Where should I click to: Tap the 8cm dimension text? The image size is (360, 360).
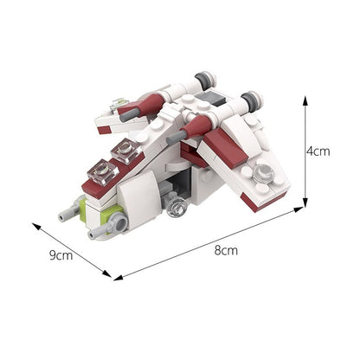click(x=226, y=250)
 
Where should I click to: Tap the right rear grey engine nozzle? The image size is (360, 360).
click(x=251, y=95)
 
